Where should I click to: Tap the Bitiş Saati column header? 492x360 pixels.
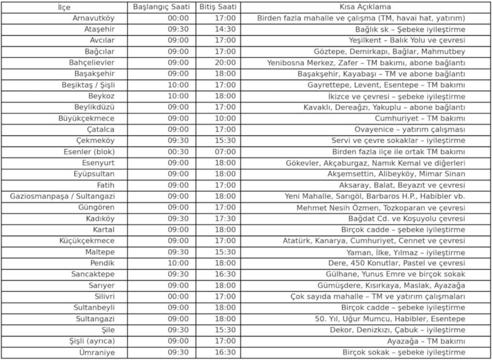pyautogui.click(x=219, y=7)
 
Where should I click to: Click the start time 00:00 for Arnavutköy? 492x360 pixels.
pyautogui.click(x=178, y=18)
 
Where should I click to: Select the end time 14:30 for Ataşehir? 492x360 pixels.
pyautogui.click(x=225, y=29)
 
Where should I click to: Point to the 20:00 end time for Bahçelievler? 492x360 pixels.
pyautogui.click(x=225, y=62)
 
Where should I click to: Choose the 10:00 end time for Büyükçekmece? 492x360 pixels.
pyautogui.click(x=225, y=118)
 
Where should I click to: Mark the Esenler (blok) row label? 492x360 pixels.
pyautogui.click(x=90, y=151)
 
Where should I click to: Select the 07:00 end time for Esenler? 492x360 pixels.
pyautogui.click(x=225, y=151)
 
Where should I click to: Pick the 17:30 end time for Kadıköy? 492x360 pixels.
pyautogui.click(x=225, y=218)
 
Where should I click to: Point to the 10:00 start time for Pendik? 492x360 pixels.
pyautogui.click(x=178, y=263)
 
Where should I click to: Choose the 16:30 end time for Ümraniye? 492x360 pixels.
pyautogui.click(x=225, y=352)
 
